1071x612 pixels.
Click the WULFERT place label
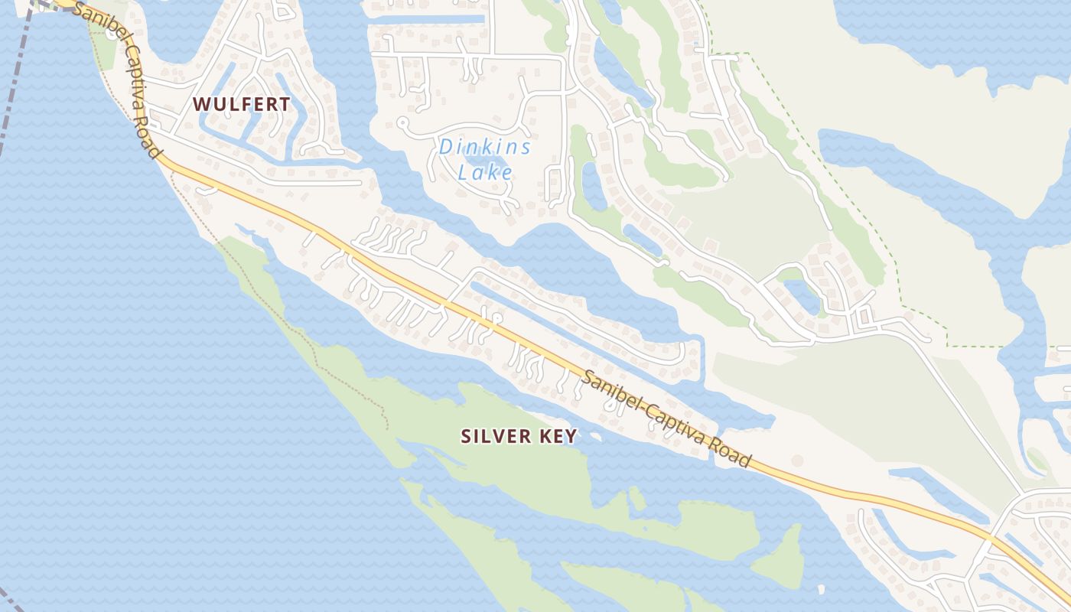[241, 105]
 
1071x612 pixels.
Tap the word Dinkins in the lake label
[485, 147]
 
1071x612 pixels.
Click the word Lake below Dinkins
[485, 171]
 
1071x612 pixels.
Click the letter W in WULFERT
[200, 105]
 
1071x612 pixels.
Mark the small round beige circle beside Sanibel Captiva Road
[797, 460]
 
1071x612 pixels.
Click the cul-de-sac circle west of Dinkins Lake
[402, 122]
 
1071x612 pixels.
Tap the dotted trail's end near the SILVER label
[387, 427]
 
